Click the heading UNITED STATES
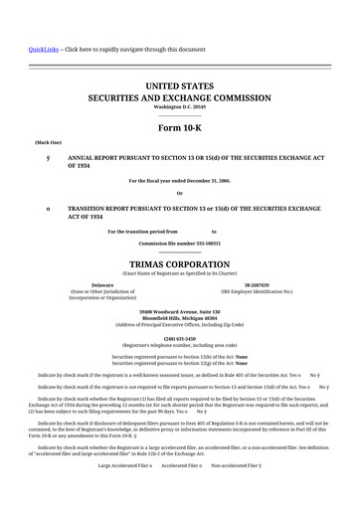click(x=179, y=87)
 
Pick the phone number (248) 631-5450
click(x=179, y=336)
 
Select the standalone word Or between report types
click(x=179, y=193)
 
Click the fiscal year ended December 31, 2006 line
click(x=179, y=180)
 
